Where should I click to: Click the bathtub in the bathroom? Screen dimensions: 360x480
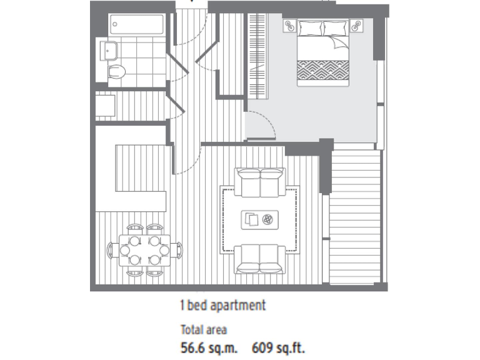(137, 25)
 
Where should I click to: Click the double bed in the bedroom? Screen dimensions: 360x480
(322, 53)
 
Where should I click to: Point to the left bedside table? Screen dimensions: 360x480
(291, 26)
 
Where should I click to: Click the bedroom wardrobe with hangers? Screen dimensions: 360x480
(256, 55)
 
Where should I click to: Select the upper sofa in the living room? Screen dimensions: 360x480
(260, 181)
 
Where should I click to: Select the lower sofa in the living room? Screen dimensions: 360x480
(260, 259)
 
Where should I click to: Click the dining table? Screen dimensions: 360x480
(144, 249)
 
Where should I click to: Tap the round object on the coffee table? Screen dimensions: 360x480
(269, 219)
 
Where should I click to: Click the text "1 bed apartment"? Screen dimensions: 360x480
(222, 306)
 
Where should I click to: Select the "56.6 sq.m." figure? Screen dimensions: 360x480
(209, 347)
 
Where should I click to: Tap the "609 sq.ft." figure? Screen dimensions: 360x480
(278, 347)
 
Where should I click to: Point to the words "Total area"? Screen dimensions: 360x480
(204, 329)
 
